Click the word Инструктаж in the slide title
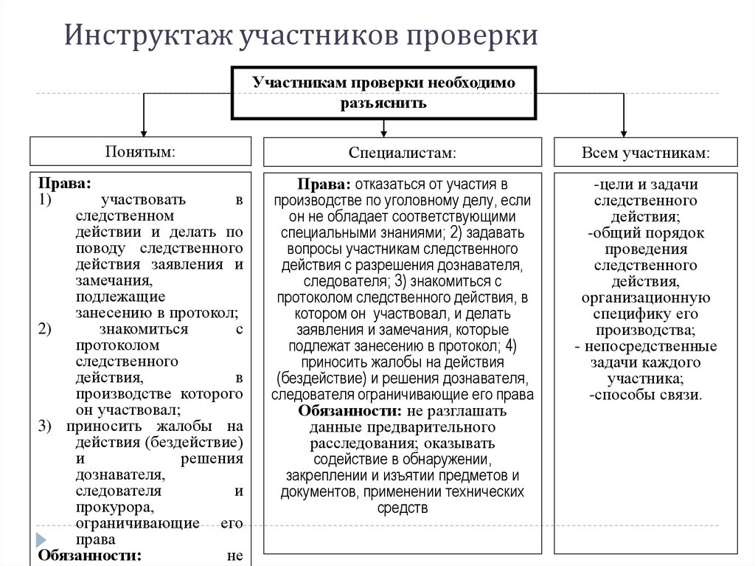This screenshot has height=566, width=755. click(145, 36)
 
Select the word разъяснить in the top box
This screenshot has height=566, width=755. click(383, 103)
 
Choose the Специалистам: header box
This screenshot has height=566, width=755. click(402, 152)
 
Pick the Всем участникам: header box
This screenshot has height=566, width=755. click(645, 152)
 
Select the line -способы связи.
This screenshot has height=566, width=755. click(645, 395)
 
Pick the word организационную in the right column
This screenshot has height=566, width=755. click(645, 298)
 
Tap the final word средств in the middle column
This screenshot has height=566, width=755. click(402, 507)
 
